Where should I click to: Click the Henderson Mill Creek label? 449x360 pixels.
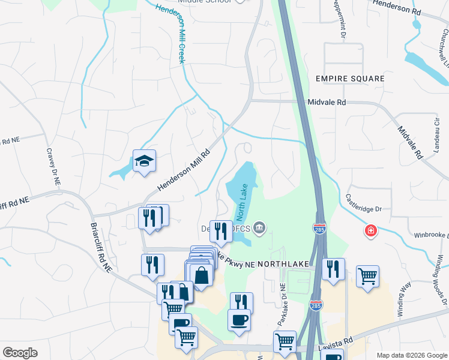[170, 33]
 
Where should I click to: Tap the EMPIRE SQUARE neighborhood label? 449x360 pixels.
[350, 79]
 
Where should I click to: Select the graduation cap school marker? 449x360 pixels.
[144, 161]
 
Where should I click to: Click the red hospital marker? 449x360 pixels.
[370, 230]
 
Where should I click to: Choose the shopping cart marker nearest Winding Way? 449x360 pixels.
[367, 277]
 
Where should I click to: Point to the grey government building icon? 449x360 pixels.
[259, 226]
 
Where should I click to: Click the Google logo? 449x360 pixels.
[20, 353]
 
